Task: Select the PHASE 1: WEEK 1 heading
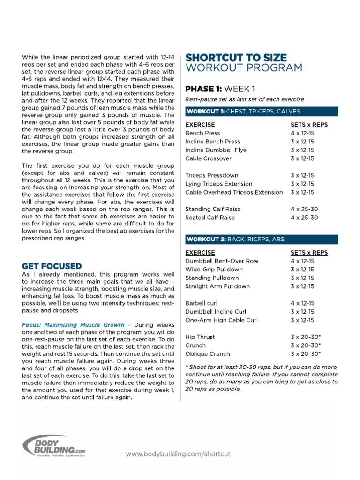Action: point(220,89)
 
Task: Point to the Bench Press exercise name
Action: point(202,133)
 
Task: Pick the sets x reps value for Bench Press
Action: point(302,133)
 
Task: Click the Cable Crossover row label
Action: point(209,158)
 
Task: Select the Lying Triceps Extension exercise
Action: point(218,184)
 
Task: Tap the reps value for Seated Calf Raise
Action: point(304,217)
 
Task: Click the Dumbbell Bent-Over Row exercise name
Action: point(222,261)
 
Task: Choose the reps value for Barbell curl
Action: point(302,303)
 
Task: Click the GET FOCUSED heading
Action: point(52,266)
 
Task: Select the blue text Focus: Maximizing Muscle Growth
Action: point(73,324)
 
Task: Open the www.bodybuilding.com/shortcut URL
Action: point(178,454)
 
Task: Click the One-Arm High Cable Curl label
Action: point(221,320)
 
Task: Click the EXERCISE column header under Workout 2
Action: point(200,252)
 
